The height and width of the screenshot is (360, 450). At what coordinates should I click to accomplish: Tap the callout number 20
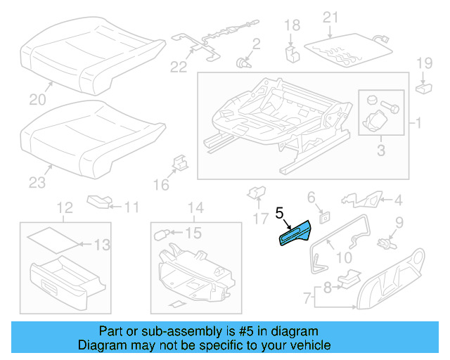pos(34,98)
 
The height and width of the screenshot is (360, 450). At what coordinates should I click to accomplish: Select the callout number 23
pos(36,183)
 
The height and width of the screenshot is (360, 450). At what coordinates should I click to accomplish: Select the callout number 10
pos(344,257)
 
